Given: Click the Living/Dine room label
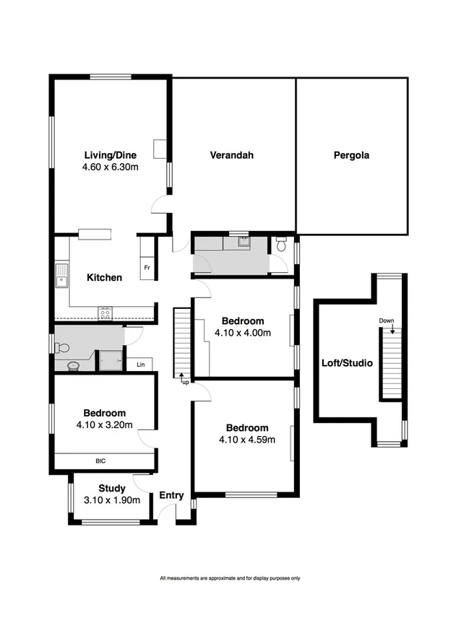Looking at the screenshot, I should [x=111, y=154].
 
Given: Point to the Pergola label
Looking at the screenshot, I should [x=352, y=154].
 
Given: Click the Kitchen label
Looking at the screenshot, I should [x=104, y=277].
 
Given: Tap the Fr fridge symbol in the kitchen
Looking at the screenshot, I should [x=147, y=267].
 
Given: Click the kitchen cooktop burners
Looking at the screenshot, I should [x=106, y=313].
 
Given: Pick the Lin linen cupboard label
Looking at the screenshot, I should [x=140, y=365].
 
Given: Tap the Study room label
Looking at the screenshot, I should [x=112, y=489].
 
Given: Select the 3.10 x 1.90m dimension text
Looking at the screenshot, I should [x=112, y=500].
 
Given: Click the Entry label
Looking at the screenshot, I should [x=172, y=495].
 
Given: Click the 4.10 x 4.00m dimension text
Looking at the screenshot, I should [x=243, y=333].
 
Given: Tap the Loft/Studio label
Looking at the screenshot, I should [x=347, y=363].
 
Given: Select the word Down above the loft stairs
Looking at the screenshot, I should [x=387, y=320].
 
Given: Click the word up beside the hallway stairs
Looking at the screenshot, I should [x=186, y=381].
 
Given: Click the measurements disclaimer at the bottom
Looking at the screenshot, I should [x=230, y=578].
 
